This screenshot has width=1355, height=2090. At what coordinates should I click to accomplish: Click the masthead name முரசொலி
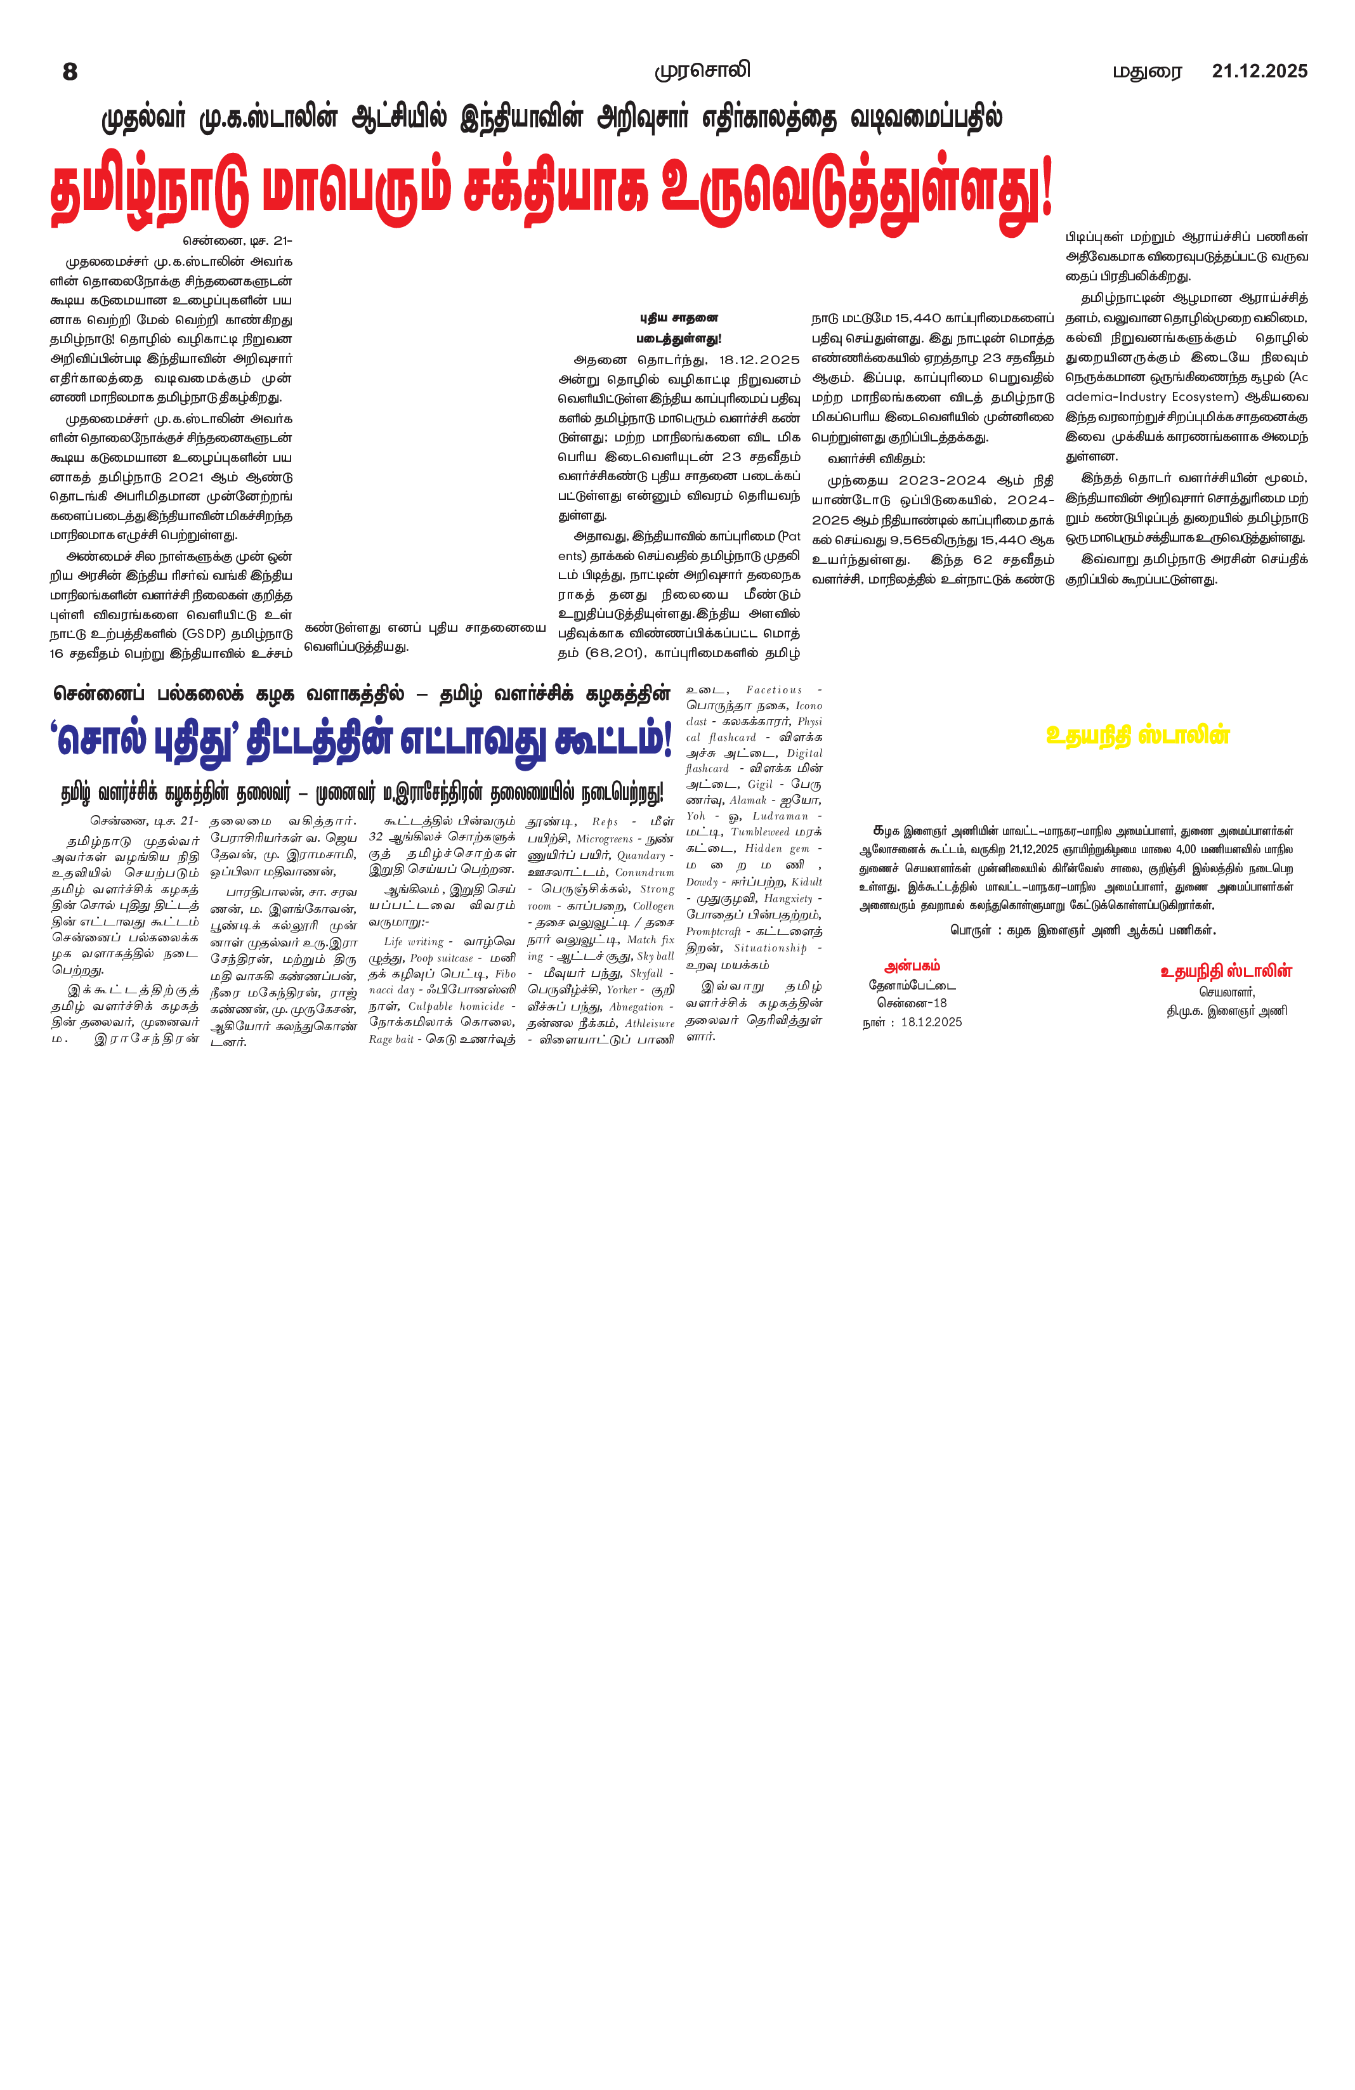coord(702,70)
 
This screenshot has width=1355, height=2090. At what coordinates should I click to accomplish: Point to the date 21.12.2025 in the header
coord(1259,71)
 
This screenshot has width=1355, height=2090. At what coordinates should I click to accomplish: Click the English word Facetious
coord(774,690)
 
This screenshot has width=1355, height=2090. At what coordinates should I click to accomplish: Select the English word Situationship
coord(770,948)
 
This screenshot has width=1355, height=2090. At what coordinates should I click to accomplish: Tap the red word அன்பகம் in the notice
coord(912,966)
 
